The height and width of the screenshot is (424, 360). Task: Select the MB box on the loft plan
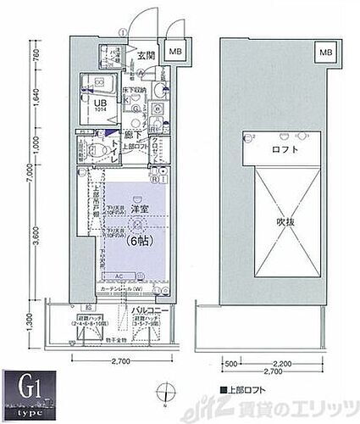click(x=325, y=53)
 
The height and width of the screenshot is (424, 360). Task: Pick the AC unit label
click(x=119, y=276)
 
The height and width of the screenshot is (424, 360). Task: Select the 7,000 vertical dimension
click(x=29, y=181)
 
